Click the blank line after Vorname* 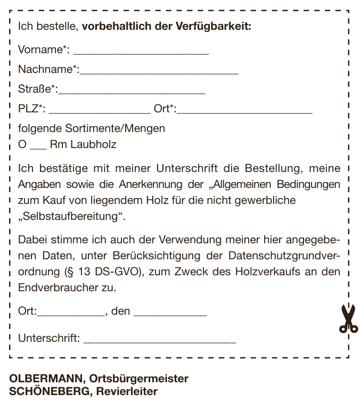(x=141, y=53)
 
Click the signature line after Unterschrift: (x=159, y=341)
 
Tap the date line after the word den (x=170, y=315)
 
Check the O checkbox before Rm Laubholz (x=22, y=144)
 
